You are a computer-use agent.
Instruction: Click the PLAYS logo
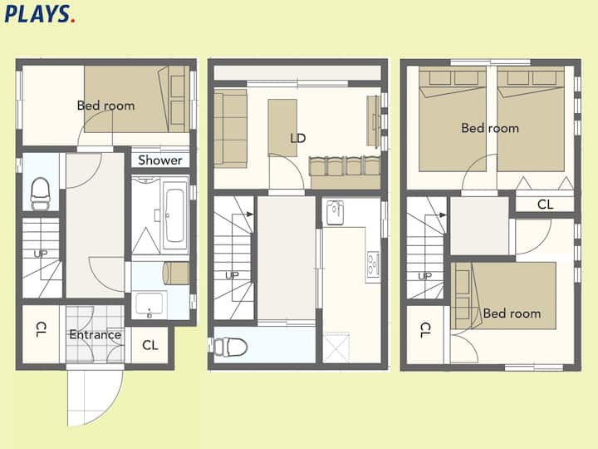(40, 14)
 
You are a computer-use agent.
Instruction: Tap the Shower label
(160, 160)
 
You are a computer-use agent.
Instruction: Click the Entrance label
(96, 335)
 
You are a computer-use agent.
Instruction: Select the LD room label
(298, 138)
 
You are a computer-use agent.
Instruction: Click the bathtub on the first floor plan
(175, 215)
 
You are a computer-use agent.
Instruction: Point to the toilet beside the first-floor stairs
(40, 194)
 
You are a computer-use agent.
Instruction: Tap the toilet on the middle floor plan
(230, 347)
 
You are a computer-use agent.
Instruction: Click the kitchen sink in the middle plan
(335, 213)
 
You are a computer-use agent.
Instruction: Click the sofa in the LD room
(230, 129)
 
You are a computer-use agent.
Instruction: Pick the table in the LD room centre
(282, 128)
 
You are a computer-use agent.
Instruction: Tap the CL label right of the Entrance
(149, 345)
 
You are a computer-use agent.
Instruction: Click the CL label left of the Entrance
(42, 329)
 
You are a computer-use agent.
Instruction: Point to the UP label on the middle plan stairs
(232, 275)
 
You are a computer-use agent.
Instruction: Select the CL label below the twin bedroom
(545, 205)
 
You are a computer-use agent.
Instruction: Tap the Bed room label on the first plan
(106, 106)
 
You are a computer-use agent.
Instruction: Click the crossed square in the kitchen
(336, 347)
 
